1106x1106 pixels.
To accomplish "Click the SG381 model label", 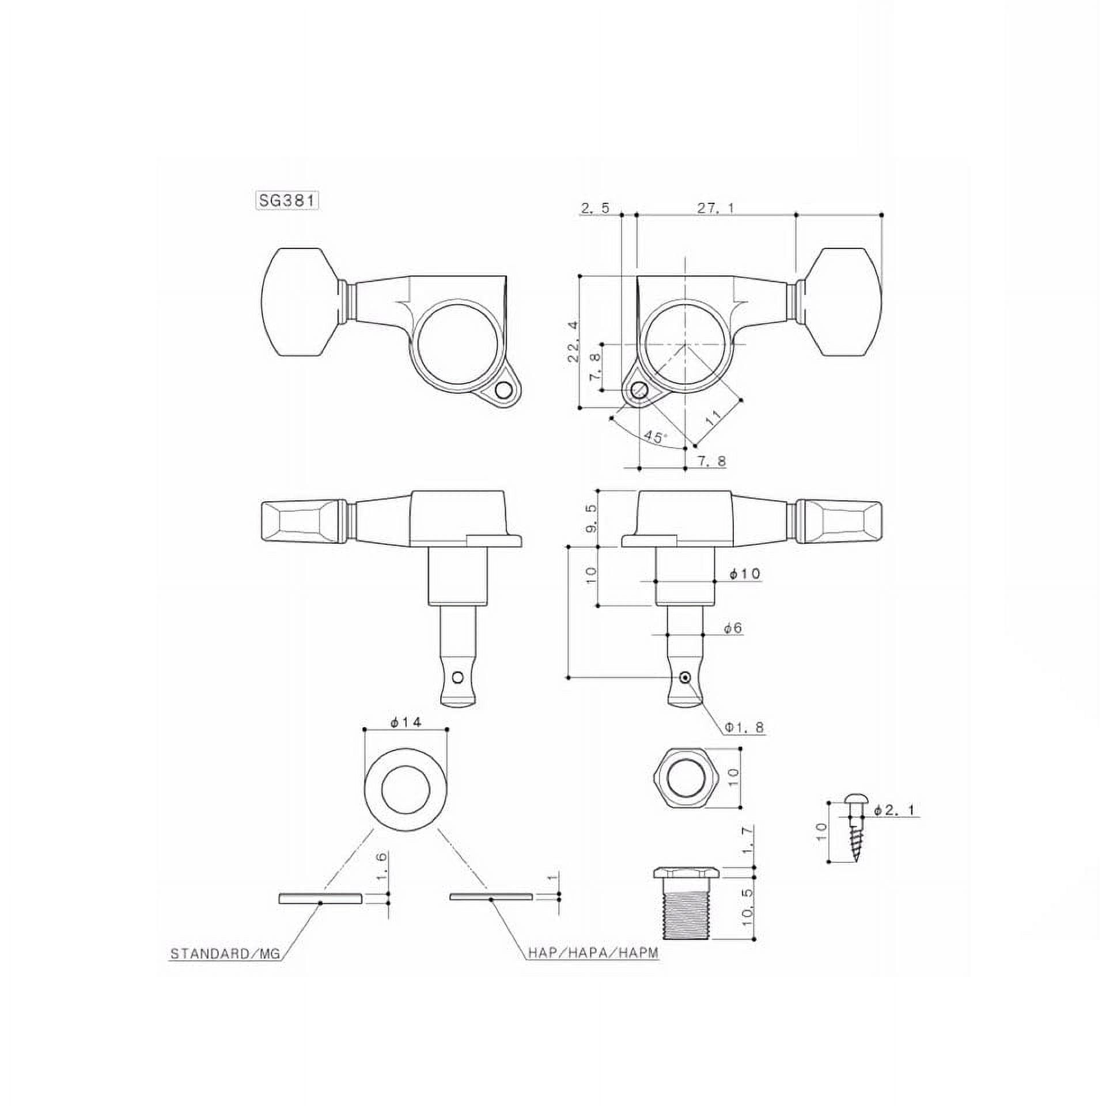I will coord(287,200).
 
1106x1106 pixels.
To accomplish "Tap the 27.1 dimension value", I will coord(715,208).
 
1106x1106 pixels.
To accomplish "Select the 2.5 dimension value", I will coord(595,208).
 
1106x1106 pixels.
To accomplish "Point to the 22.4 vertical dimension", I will coord(573,342).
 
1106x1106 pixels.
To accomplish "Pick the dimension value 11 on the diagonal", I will coord(713,418).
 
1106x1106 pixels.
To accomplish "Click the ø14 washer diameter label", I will coord(406,722).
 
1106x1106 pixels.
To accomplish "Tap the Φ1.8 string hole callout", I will coord(745,728).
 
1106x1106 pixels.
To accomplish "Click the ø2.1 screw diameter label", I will coord(896,810).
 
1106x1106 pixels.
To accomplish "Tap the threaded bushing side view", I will coord(685,912).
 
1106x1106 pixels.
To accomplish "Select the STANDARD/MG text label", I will coord(225,954).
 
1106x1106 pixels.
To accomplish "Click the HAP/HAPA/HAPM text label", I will coord(593,954).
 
